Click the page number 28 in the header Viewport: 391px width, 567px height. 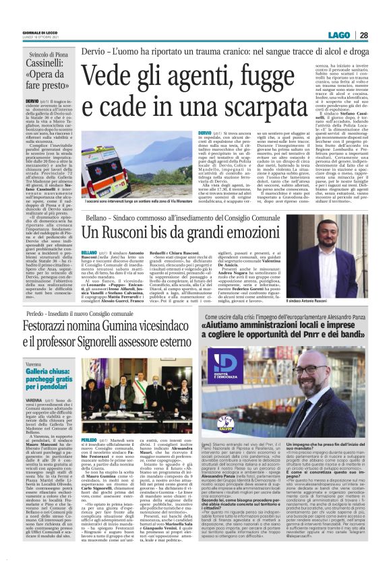[x=382, y=35]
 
